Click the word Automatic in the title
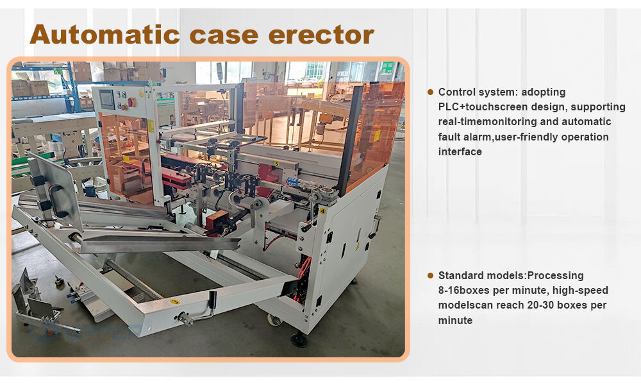pyautogui.click(x=104, y=35)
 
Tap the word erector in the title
pyautogui.click(x=321, y=35)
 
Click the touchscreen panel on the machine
pyautogui.click(x=106, y=99)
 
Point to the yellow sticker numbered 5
pyautogui.click(x=277, y=164)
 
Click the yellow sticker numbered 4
pyautogui.click(x=322, y=211)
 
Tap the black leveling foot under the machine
pyautogui.click(x=299, y=339)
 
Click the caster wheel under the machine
pyautogui.click(x=274, y=319)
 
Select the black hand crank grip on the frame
pyautogui.click(x=212, y=300)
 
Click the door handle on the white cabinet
pyautogui.click(x=374, y=226)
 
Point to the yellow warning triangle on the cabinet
pyautogui.click(x=357, y=247)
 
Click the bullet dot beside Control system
pyautogui.click(x=430, y=92)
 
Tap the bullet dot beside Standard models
pyautogui.click(x=430, y=275)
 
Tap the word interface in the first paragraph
pyautogui.click(x=460, y=152)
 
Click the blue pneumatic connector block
pyautogui.click(x=294, y=182)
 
